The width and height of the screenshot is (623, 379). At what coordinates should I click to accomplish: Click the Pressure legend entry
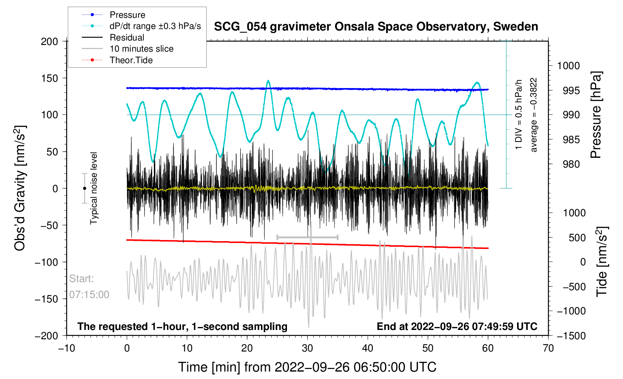[x=127, y=15]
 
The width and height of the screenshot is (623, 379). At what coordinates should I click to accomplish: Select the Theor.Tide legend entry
[x=131, y=60]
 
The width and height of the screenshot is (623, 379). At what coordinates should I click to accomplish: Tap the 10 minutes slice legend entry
[x=141, y=49]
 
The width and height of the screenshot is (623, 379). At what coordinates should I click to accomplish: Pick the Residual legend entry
[x=127, y=38]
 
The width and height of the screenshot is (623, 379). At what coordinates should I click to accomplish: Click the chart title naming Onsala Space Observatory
[x=376, y=27]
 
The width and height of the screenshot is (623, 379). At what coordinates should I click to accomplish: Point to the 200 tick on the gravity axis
[x=49, y=41]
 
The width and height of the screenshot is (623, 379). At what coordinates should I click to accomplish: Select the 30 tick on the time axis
[x=307, y=348]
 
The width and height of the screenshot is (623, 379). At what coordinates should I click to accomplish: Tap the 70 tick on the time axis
[x=548, y=348]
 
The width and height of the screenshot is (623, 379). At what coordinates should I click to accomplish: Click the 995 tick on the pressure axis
[x=568, y=90]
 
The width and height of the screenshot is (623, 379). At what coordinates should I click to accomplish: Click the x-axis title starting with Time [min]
[x=307, y=367]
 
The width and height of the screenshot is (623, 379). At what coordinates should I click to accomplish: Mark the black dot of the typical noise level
[x=84, y=188]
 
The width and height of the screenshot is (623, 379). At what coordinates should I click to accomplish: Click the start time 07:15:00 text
[x=89, y=295]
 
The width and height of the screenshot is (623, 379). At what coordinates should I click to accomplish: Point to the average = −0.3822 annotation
[x=534, y=115]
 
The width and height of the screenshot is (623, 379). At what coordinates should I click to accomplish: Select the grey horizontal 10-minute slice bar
[x=307, y=237]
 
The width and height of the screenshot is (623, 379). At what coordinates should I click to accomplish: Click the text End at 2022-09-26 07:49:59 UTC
[x=457, y=327]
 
